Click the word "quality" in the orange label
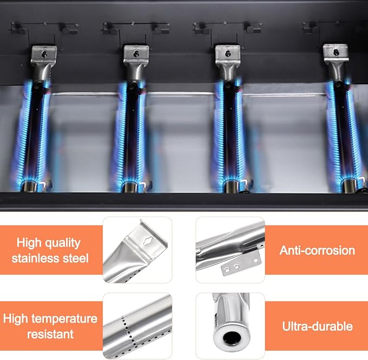61,243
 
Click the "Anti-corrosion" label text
317,250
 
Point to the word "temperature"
64,319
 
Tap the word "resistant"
50,334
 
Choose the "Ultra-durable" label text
317,326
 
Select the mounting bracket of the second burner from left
136,53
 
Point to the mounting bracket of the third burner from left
228,53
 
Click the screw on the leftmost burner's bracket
44,55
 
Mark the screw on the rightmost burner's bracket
335,52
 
